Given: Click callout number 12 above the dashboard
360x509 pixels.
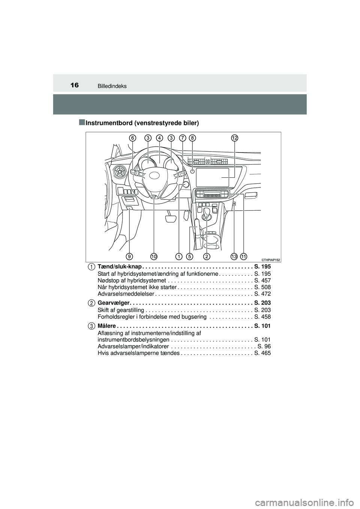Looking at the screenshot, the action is pos(235,138).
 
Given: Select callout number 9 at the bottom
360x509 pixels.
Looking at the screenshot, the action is pos(129,256).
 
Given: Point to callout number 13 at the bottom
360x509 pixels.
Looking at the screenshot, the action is pos(234,256).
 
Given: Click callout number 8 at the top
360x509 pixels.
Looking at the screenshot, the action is pos(192,138).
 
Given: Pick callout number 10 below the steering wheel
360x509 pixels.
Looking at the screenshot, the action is pos(154,256).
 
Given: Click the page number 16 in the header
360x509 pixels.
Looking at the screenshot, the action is pos(75,85).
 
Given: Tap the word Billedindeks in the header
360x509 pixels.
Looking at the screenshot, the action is pos(112,86).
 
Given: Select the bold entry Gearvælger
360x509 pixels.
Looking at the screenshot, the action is pos(113,303).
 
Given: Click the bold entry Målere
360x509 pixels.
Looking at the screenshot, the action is pos(106,326).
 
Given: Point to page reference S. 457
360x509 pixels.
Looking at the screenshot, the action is pos(262,280).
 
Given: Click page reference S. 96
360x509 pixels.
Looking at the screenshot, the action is pos(264,347).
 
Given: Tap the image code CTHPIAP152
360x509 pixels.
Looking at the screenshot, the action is pos(270,260).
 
